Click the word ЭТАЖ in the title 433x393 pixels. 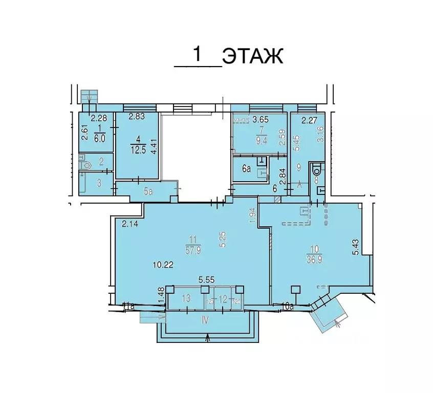click(x=252, y=56)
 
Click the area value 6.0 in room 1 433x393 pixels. click(x=99, y=138)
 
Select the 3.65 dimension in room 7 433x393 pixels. click(x=262, y=120)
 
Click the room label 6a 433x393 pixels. click(x=247, y=168)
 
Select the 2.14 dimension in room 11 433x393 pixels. click(x=131, y=224)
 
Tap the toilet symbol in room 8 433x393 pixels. click(x=316, y=169)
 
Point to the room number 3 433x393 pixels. click(x=100, y=183)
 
